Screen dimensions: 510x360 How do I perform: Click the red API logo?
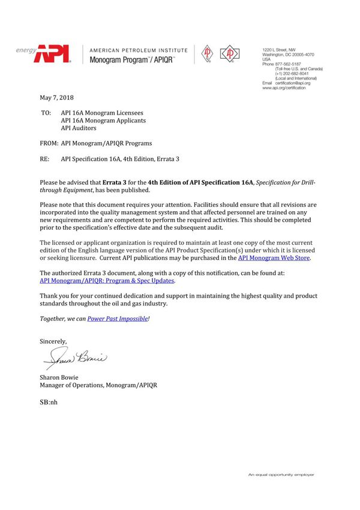[x=52, y=55]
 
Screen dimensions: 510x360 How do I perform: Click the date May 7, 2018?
[x=56, y=98]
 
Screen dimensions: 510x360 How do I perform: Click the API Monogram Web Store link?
[x=274, y=257]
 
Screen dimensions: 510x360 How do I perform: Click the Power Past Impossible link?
[x=118, y=319]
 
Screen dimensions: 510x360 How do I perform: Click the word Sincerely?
[x=53, y=341]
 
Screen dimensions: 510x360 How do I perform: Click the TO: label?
[x=46, y=113]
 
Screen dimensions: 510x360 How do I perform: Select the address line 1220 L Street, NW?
[x=279, y=49]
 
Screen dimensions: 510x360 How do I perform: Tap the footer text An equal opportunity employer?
[x=281, y=475]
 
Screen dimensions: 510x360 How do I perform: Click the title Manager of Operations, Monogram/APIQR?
[x=99, y=385]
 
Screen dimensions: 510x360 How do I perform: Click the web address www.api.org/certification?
[x=284, y=88]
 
